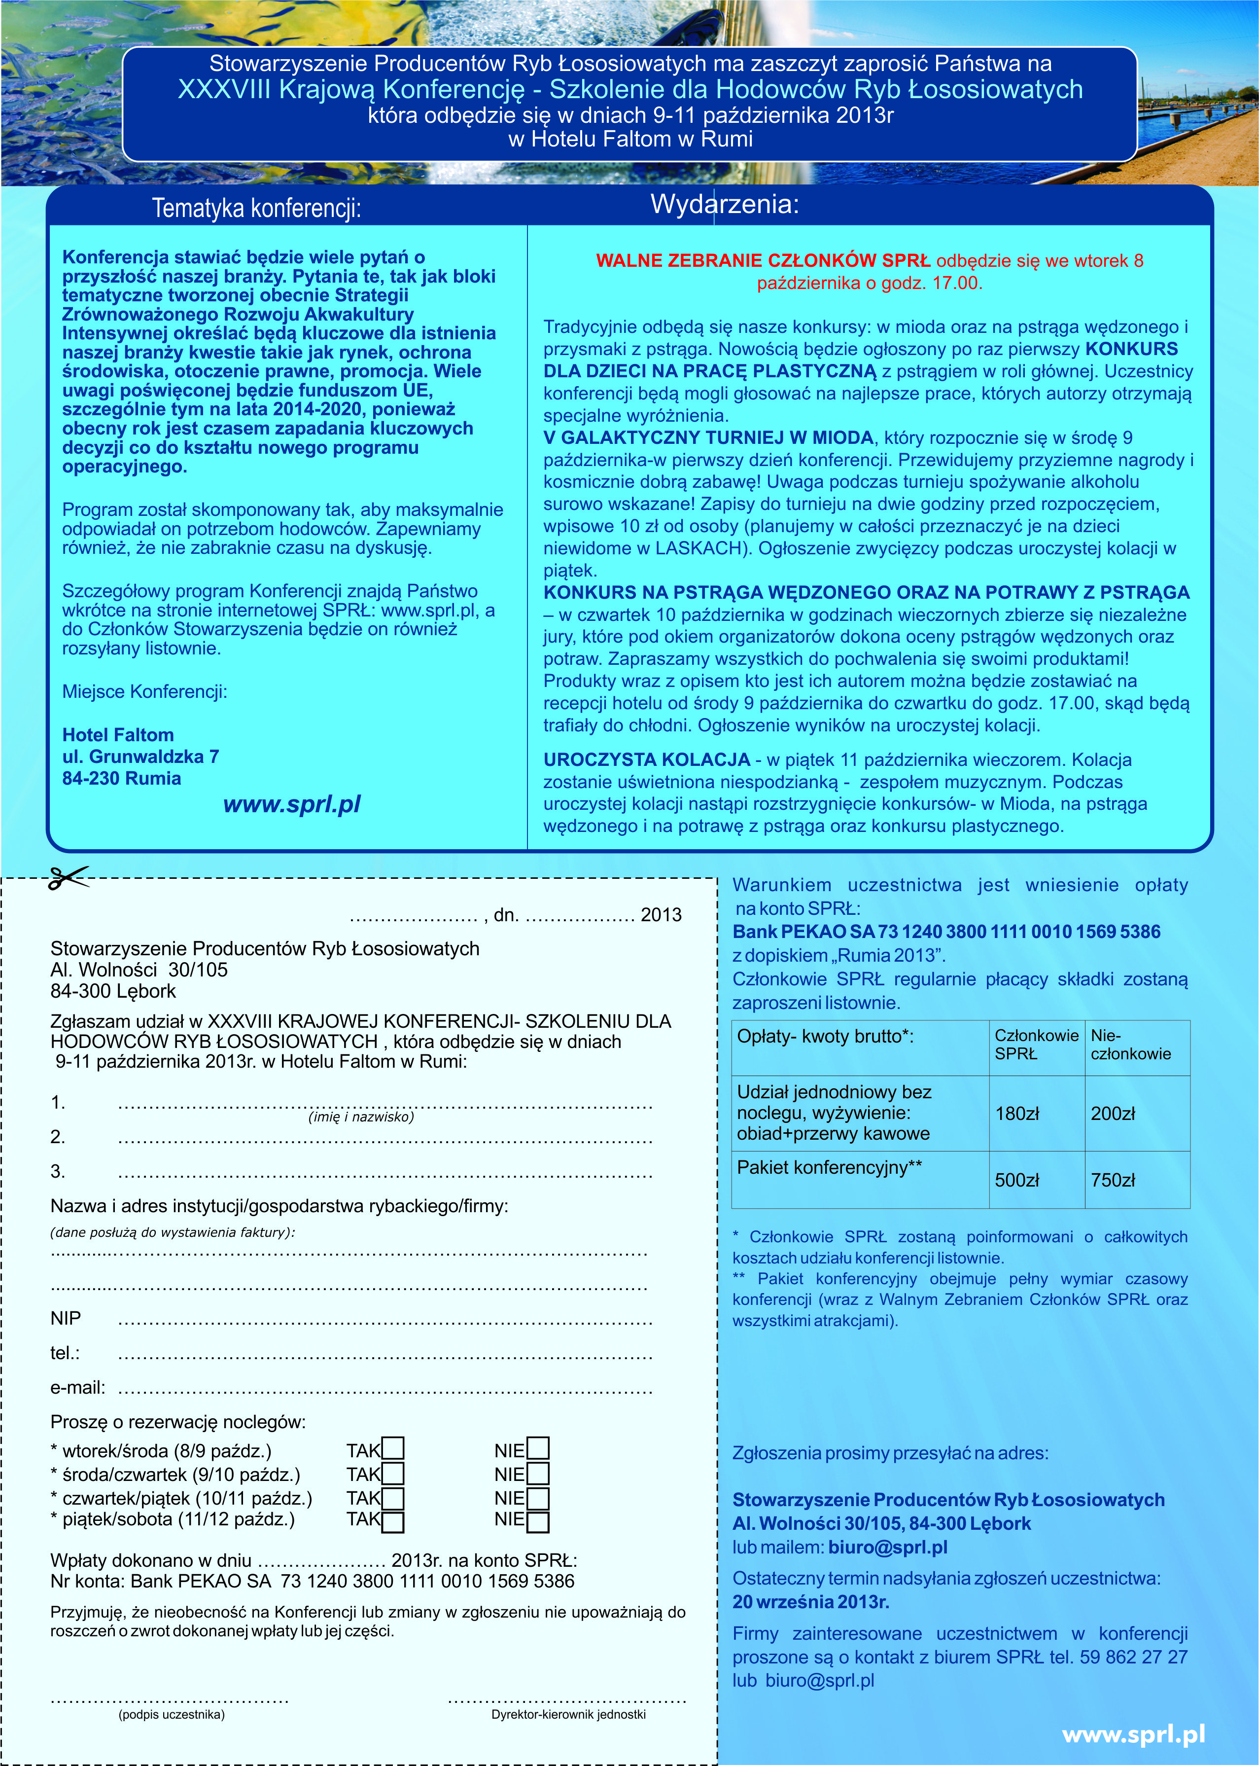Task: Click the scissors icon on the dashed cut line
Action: pyautogui.click(x=68, y=878)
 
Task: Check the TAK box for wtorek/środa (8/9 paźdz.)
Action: pyautogui.click(x=393, y=1449)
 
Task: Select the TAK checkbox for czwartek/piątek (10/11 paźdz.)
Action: pyautogui.click(x=393, y=1498)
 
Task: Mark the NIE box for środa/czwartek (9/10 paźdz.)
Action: pyautogui.click(x=537, y=1474)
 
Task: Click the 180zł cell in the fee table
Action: pyautogui.click(x=1016, y=1114)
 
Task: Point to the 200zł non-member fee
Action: pyautogui.click(x=1113, y=1114)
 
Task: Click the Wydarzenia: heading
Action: pyautogui.click(x=724, y=204)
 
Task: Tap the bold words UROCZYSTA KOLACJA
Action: pyautogui.click(x=647, y=759)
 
